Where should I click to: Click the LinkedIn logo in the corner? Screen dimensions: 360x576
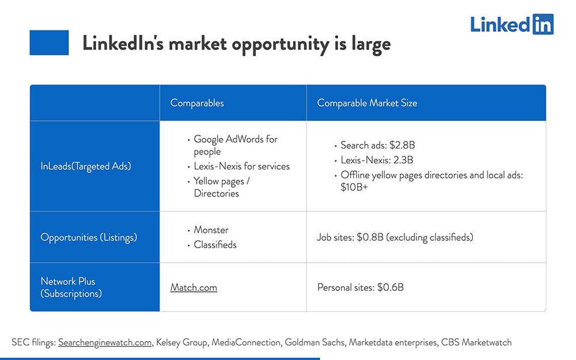click(x=511, y=24)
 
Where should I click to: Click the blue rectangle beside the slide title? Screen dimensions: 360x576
click(x=49, y=43)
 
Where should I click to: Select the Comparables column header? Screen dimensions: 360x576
click(x=197, y=103)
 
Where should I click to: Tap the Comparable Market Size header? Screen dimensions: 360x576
click(x=367, y=103)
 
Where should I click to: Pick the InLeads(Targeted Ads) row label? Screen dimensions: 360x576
click(x=86, y=166)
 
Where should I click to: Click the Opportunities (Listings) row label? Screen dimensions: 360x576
click(x=89, y=237)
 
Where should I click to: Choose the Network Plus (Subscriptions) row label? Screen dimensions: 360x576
click(x=71, y=287)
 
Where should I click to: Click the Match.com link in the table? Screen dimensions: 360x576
click(x=194, y=287)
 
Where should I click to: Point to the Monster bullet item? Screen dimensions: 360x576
click(x=211, y=230)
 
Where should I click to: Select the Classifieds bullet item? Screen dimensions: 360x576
click(x=215, y=245)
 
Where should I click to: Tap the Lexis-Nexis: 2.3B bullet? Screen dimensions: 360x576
click(x=376, y=160)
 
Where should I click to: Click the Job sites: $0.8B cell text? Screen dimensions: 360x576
click(x=395, y=237)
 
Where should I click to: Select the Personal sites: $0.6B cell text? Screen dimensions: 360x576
click(x=360, y=287)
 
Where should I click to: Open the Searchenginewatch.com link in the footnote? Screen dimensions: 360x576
click(x=105, y=342)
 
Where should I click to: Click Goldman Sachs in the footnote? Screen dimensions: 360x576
click(x=316, y=342)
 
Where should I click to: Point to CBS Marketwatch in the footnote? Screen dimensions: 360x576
click(x=476, y=342)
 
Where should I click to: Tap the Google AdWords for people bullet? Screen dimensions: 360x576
click(x=235, y=145)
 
